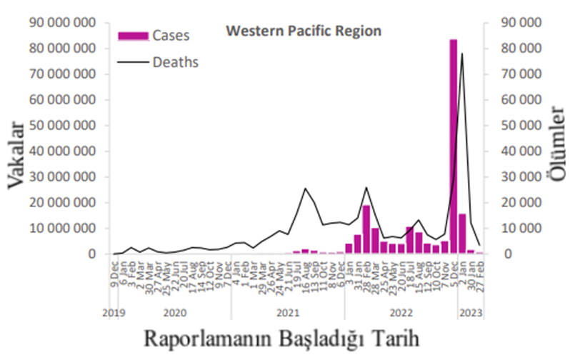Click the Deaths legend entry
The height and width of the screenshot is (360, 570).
(175, 62)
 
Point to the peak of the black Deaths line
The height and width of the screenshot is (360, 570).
(462, 53)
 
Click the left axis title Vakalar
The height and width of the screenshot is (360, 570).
(18, 156)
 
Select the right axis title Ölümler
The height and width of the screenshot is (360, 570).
(557, 156)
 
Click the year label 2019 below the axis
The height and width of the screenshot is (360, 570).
(114, 312)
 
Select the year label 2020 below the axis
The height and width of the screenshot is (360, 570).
(175, 312)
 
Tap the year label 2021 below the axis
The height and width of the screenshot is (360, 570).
(287, 312)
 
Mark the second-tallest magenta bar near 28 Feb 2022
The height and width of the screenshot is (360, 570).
(366, 229)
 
